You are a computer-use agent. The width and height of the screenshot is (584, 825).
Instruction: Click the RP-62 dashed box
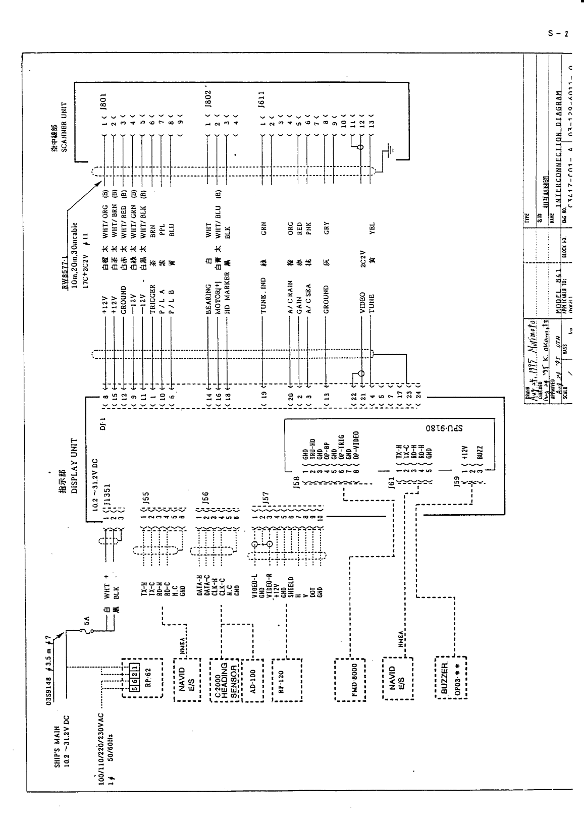pos(142,677)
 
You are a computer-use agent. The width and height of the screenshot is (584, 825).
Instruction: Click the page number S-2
pos(558,34)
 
